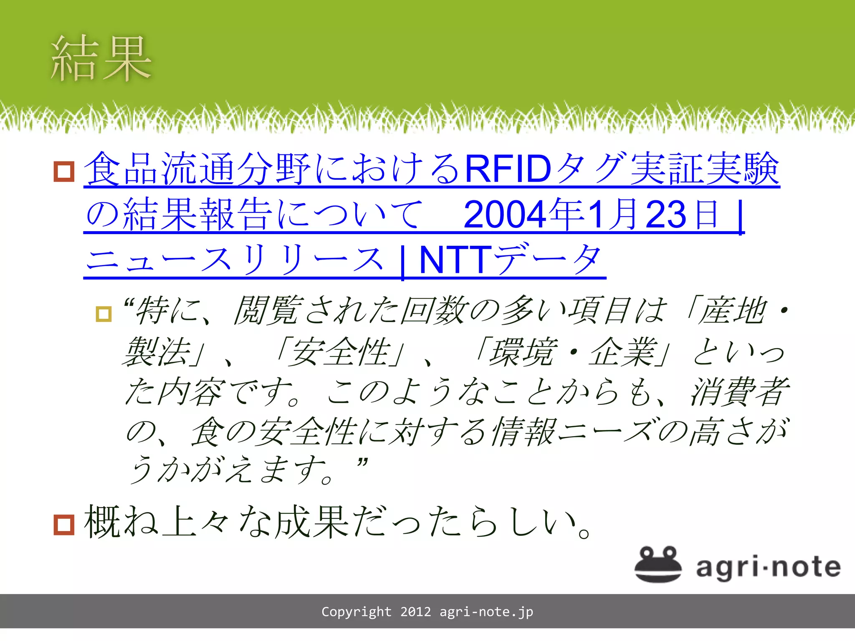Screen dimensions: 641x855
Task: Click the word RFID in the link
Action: (x=508, y=169)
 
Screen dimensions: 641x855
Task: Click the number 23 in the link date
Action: (x=666, y=215)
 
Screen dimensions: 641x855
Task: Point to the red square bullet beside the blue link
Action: (x=64, y=171)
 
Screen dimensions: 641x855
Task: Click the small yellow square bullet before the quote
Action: (x=104, y=314)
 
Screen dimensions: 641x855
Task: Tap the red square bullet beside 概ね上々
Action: (x=64, y=524)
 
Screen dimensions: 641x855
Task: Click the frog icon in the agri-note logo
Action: (x=658, y=564)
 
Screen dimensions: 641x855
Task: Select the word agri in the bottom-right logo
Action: (x=725, y=568)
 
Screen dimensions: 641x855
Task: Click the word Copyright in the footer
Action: (x=356, y=612)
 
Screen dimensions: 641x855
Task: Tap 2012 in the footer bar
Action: (x=415, y=612)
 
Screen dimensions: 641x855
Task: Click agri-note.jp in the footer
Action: (x=486, y=612)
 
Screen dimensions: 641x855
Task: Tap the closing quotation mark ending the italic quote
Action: (x=362, y=462)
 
